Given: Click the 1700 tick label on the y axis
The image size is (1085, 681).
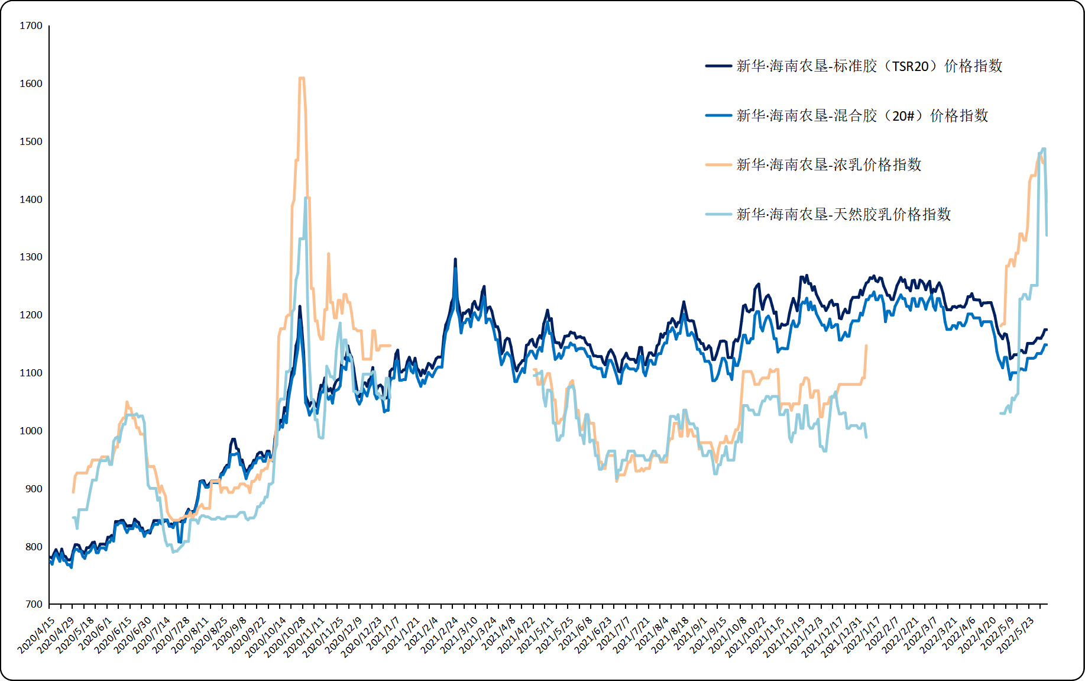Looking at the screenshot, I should click(31, 26).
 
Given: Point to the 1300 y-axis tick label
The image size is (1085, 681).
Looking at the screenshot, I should click(31, 257).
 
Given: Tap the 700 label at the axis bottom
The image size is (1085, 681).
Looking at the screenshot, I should click(34, 604).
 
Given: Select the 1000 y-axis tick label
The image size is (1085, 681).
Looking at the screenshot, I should click(31, 431).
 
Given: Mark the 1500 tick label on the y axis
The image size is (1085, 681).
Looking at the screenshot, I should click(31, 142).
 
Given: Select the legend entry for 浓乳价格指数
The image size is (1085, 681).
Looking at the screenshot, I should click(828, 165).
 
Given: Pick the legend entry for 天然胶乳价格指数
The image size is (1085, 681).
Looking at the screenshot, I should click(843, 214).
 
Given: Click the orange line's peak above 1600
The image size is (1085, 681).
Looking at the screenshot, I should click(302, 78).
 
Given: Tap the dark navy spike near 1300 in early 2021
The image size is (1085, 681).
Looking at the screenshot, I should click(455, 259).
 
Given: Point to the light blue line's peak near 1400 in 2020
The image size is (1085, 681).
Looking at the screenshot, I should click(306, 198).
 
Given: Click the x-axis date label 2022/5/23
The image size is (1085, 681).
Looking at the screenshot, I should click(1016, 635).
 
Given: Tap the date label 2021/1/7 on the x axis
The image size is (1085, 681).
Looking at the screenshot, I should click(384, 633).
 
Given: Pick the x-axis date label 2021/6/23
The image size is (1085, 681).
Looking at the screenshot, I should click(594, 635).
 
